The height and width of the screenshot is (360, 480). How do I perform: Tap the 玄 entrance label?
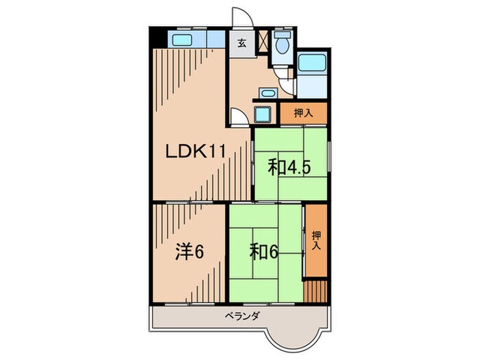[241, 42]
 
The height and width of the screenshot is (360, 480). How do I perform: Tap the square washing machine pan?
[264, 112]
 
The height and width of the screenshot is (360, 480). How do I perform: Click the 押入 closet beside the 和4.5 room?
[304, 114]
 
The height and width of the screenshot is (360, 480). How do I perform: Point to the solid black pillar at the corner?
[156, 37]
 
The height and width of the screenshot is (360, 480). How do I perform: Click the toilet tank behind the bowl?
[280, 34]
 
